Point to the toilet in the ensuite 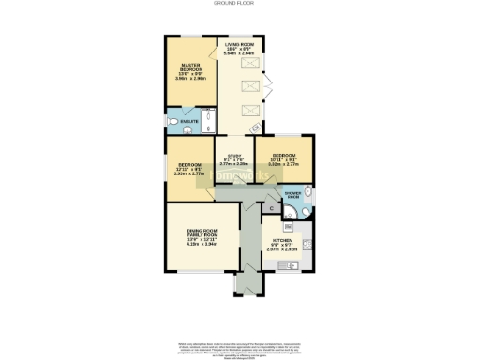[172, 122]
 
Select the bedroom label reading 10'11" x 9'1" [284, 157]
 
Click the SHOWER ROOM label [293, 196]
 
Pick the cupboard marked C [272, 208]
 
